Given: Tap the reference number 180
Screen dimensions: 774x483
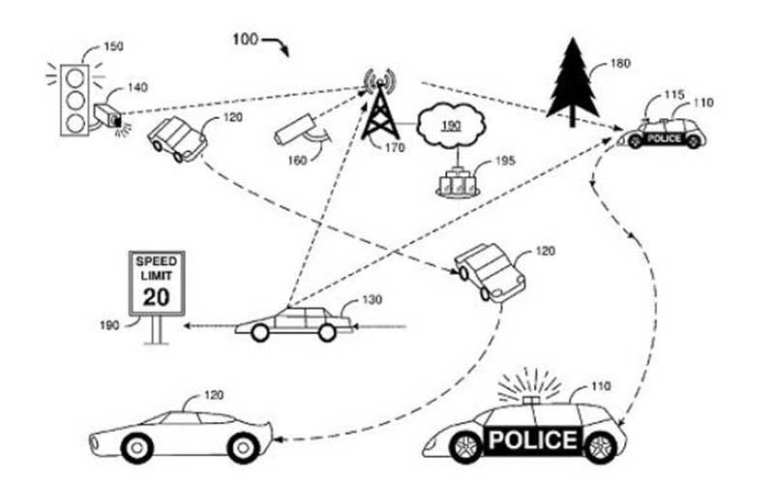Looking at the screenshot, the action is (620, 63).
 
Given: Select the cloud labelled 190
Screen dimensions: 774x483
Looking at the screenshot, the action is (451, 126).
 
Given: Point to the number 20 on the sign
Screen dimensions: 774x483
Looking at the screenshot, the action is (156, 297).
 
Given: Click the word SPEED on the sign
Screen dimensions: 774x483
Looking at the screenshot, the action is (157, 260).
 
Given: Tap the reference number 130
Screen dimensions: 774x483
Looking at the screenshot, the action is (372, 300).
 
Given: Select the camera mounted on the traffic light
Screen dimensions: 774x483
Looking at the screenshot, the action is (108, 116).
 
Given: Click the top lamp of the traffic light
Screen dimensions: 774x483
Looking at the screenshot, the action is (75, 77).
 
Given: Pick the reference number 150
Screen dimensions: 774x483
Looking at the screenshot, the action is (113, 46).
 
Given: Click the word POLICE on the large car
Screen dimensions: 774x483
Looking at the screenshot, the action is (533, 439).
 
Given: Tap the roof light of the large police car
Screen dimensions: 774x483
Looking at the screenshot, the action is (530, 400).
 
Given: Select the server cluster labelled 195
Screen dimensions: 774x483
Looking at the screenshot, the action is (458, 183).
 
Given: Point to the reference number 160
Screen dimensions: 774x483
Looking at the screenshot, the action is (297, 160).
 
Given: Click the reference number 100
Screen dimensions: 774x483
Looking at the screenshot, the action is (246, 39).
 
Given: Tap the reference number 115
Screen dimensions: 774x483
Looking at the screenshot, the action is (674, 94).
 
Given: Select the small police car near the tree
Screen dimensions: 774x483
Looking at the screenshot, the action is (663, 134).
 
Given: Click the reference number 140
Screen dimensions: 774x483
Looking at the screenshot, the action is (137, 87).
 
